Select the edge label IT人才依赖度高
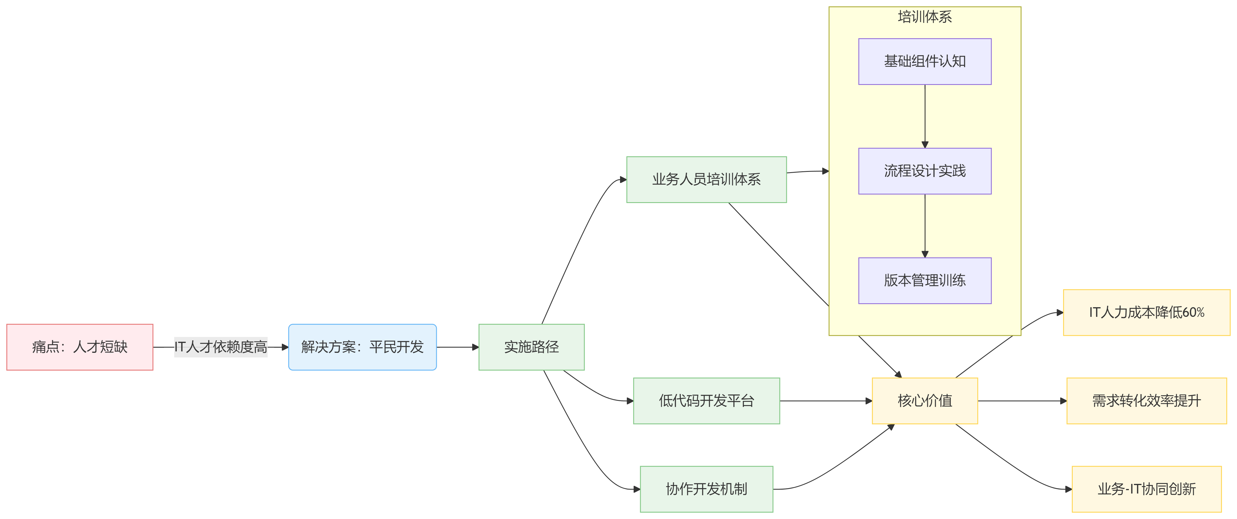coord(220,347)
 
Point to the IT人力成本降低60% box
coord(1146,313)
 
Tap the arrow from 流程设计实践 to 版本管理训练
coord(925,226)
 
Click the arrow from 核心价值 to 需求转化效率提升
coord(1022,401)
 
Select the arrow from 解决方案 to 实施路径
coord(457,347)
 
